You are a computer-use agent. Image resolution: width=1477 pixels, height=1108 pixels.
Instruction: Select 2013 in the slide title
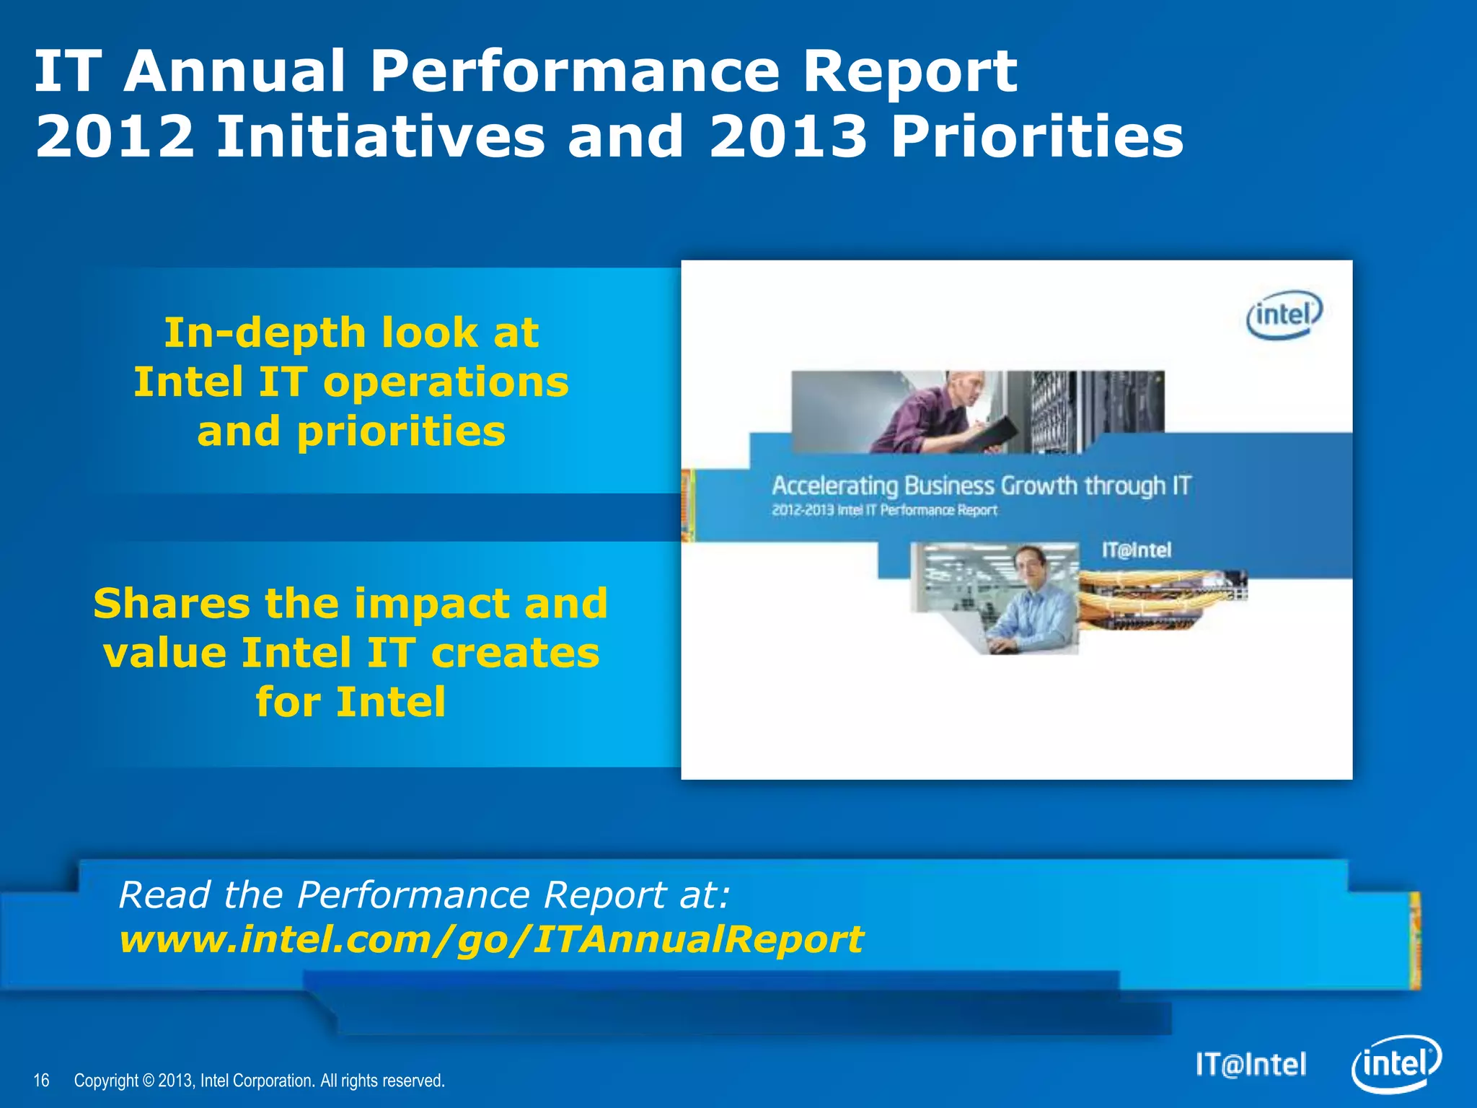[788, 137]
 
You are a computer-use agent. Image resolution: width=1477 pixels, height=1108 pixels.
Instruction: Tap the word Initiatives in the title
[380, 137]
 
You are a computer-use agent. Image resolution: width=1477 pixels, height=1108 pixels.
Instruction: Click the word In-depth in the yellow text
[265, 333]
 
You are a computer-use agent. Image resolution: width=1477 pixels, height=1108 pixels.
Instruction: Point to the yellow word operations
[446, 382]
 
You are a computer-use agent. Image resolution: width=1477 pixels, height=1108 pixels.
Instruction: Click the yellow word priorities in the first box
[401, 433]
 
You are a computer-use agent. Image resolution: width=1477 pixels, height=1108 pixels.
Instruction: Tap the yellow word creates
[515, 653]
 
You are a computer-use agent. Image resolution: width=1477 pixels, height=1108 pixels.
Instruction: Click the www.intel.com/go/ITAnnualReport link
[490, 940]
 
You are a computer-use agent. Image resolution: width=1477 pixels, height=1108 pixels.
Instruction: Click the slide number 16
[42, 1080]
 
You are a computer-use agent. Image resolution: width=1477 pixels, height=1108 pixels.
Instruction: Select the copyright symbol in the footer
[148, 1081]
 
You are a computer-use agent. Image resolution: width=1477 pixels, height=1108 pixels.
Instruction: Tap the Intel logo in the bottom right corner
[1396, 1064]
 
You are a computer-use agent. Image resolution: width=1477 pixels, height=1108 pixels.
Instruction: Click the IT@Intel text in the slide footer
[1251, 1065]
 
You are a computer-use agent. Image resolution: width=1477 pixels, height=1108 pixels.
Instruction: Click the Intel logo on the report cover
[1284, 315]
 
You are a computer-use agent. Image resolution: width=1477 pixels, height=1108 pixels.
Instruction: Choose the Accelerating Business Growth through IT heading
[981, 485]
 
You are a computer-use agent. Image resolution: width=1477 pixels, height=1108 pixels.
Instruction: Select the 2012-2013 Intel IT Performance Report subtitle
[884, 511]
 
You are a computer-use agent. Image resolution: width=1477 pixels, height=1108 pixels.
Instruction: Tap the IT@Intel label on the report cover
[1136, 550]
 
